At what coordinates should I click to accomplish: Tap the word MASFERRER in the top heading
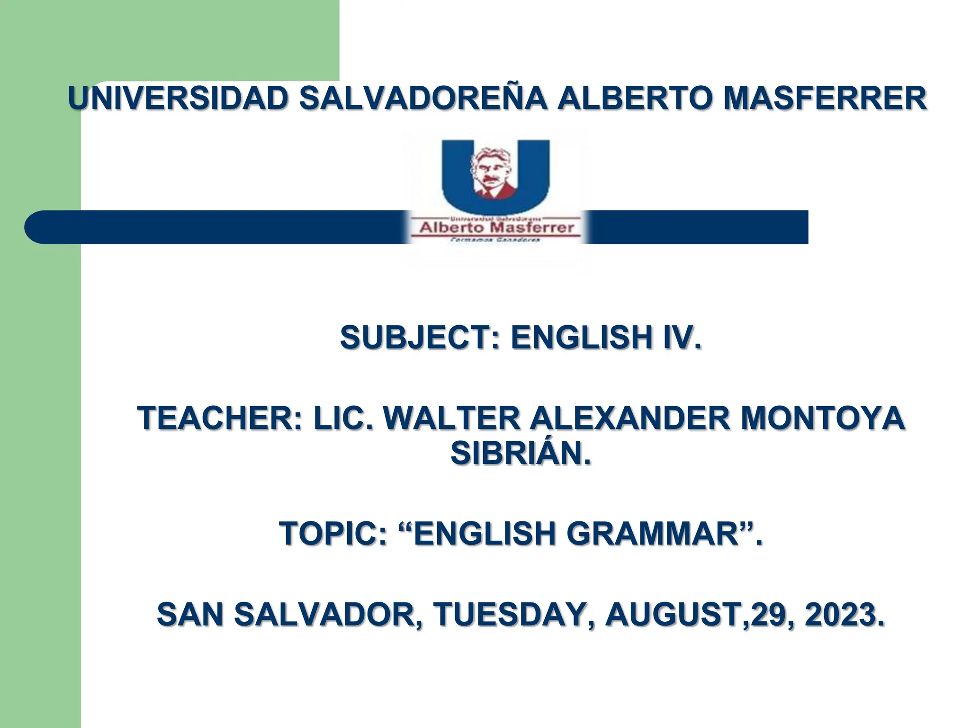[825, 99]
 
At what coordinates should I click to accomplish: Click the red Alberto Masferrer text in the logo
[496, 228]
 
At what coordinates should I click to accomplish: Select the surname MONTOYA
[822, 418]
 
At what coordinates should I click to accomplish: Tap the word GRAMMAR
[654, 533]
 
